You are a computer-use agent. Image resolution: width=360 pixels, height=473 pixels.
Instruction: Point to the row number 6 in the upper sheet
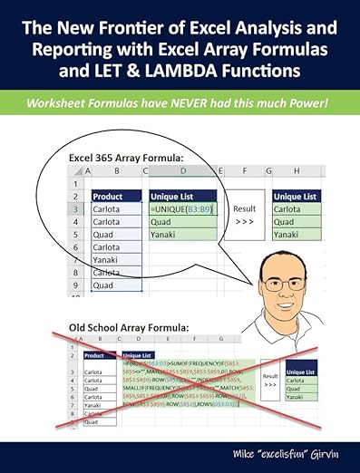79,246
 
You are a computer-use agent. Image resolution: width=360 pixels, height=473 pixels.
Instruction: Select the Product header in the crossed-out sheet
94,355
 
